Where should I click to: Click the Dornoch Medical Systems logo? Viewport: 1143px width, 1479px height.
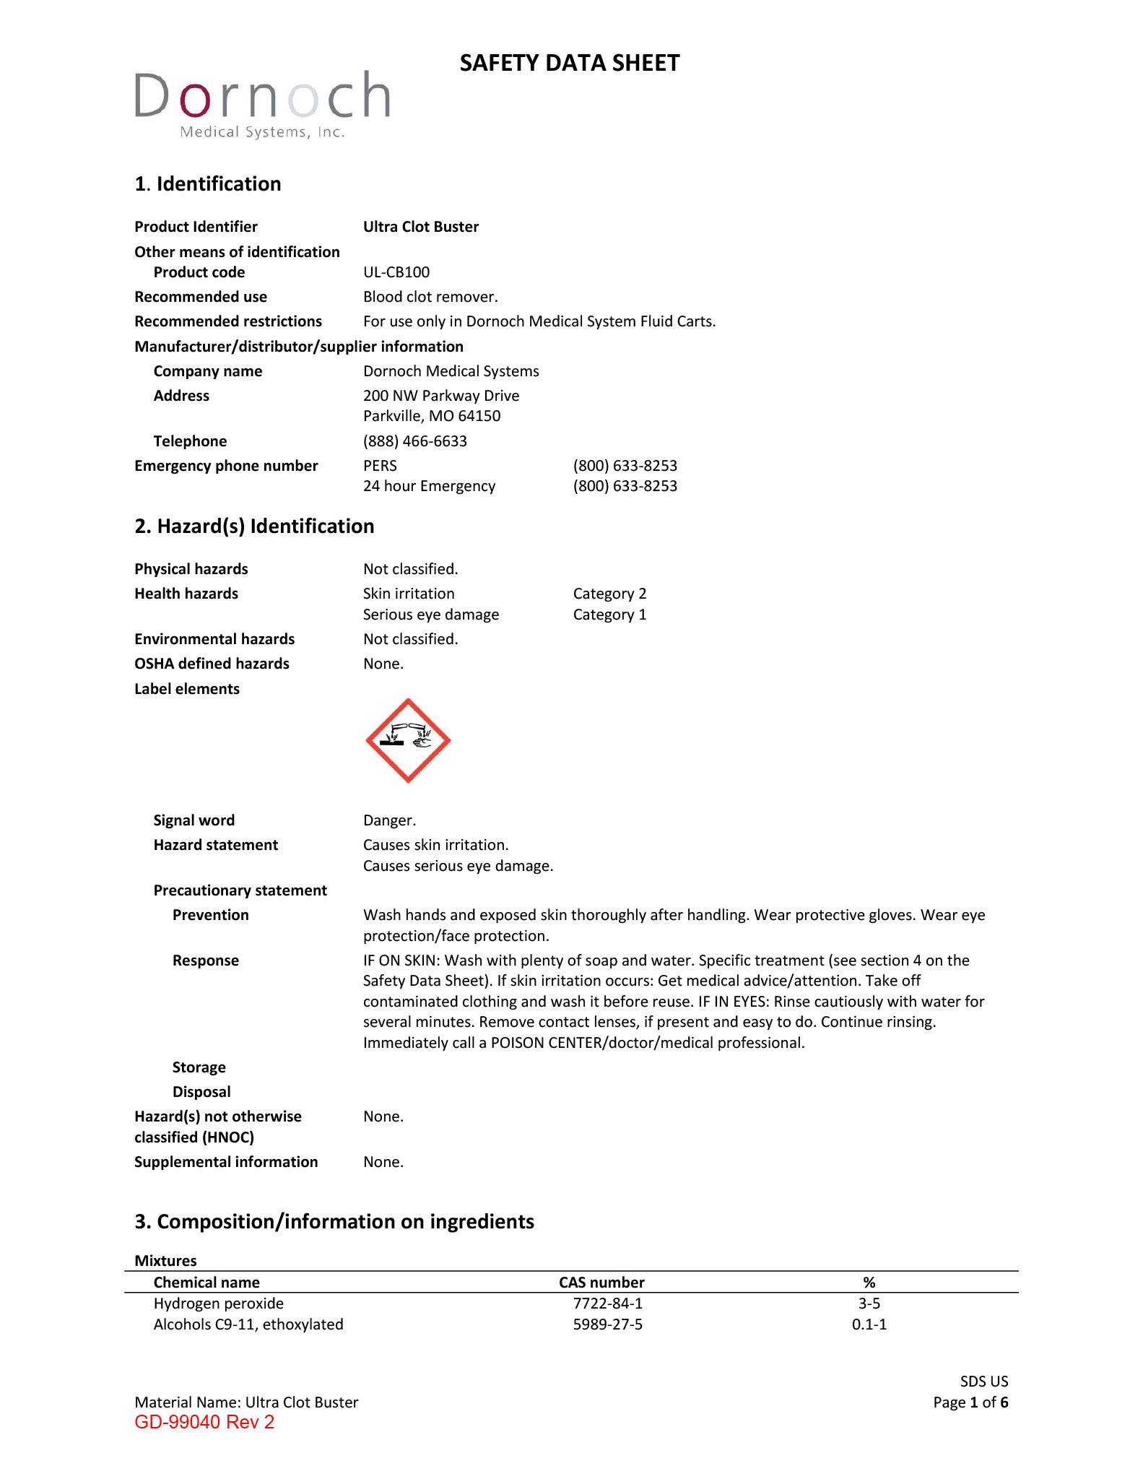[x=262, y=105]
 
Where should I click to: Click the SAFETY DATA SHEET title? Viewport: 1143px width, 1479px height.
[x=570, y=64]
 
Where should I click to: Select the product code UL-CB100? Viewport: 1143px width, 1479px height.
[x=396, y=272]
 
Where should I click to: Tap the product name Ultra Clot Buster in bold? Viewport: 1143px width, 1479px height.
[x=421, y=227]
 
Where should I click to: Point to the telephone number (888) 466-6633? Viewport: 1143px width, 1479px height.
[x=415, y=441]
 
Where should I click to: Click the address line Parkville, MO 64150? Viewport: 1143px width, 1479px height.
[x=432, y=416]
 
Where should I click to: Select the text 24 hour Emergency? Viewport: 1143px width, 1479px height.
[x=429, y=486]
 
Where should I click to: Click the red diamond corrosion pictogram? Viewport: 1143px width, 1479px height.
[x=408, y=740]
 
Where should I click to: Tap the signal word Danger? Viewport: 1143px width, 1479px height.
[x=389, y=820]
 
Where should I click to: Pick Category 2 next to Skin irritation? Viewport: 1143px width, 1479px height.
[x=609, y=594]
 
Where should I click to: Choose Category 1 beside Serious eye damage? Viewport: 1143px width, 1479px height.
[x=609, y=615]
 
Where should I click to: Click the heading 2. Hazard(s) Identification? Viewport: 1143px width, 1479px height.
[x=254, y=526]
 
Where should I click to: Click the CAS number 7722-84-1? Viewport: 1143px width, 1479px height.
[x=608, y=1304]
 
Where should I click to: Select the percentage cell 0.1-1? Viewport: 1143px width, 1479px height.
[x=869, y=1324]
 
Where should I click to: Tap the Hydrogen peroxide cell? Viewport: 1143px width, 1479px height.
[x=219, y=1304]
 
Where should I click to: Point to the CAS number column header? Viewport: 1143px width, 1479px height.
[x=601, y=1283]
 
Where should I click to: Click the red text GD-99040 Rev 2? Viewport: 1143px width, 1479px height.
[x=204, y=1423]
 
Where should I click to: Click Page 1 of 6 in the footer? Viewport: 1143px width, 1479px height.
[x=970, y=1402]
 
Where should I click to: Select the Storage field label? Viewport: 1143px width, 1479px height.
[x=199, y=1067]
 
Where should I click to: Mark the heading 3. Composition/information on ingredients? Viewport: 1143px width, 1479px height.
[x=334, y=1222]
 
